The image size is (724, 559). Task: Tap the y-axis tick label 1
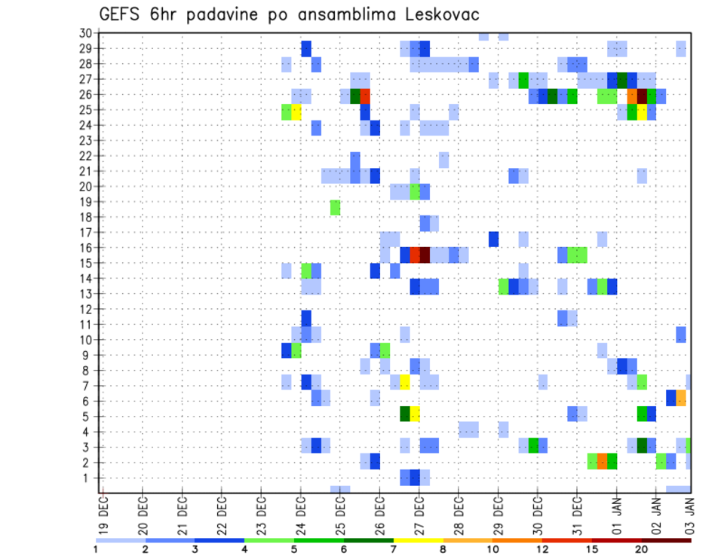pyautogui.click(x=88, y=478)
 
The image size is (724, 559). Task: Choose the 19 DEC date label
pyautogui.click(x=103, y=515)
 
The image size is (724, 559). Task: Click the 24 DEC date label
pyautogui.click(x=300, y=515)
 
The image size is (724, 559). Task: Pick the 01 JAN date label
pyautogui.click(x=616, y=515)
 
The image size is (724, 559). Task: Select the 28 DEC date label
pyautogui.click(x=458, y=515)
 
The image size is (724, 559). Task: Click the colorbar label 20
pyautogui.click(x=642, y=548)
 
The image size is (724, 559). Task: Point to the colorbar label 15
pyautogui.click(x=592, y=548)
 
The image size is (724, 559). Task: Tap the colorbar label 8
pyautogui.click(x=443, y=548)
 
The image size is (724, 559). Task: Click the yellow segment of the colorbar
pyautogui.click(x=419, y=540)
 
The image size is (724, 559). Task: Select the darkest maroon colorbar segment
pyautogui.click(x=667, y=540)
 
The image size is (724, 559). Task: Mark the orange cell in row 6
pyautogui.click(x=681, y=397)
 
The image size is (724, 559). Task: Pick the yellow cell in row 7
pyautogui.click(x=405, y=382)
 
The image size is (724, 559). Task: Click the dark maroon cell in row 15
pyautogui.click(x=425, y=255)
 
